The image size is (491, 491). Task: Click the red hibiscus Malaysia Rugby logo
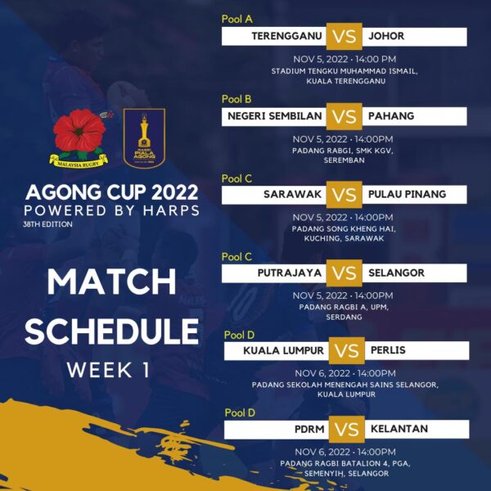click(x=79, y=138)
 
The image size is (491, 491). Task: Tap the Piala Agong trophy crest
click(x=144, y=138)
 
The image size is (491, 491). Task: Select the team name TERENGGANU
click(x=286, y=36)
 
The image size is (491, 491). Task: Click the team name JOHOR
click(x=386, y=36)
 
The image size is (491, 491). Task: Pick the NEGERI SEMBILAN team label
click(x=275, y=116)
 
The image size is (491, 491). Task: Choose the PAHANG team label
click(x=391, y=116)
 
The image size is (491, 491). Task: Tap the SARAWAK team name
click(x=292, y=194)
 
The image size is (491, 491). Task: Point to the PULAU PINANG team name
click(x=407, y=194)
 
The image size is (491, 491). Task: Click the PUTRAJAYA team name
click(x=290, y=273)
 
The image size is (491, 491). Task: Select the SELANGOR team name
click(x=396, y=273)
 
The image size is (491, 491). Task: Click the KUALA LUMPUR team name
click(x=283, y=350)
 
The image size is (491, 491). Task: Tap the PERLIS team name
click(x=388, y=350)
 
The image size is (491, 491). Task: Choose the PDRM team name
click(x=309, y=429)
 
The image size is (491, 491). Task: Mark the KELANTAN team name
click(x=399, y=429)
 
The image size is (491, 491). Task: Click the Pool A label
click(x=237, y=19)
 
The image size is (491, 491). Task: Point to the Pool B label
click(x=236, y=99)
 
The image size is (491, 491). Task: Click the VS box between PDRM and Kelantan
click(x=347, y=429)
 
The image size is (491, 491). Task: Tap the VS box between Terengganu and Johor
click(x=345, y=36)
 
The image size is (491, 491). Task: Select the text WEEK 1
click(x=108, y=370)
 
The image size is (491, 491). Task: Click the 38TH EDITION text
click(x=47, y=224)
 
